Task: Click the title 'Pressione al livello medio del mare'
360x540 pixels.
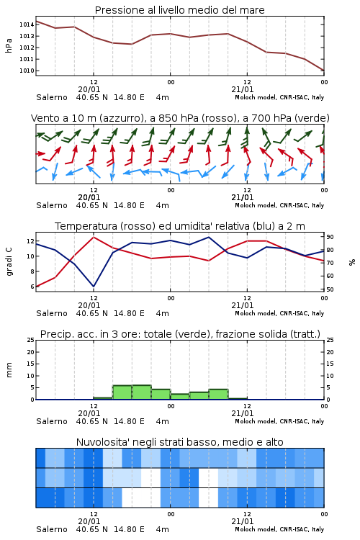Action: click(x=179, y=10)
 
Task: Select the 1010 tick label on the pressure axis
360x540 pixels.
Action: click(x=27, y=71)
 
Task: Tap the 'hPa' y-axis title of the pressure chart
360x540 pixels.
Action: click(x=9, y=46)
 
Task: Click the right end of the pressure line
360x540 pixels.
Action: click(x=324, y=71)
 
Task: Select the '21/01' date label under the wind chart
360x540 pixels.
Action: click(x=242, y=197)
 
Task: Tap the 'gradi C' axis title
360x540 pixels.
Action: click(x=9, y=261)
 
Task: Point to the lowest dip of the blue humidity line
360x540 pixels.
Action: click(x=94, y=287)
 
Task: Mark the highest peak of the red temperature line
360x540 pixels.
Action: click(x=94, y=237)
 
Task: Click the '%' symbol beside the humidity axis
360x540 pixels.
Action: click(x=352, y=262)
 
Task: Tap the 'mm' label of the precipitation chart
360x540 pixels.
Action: click(x=9, y=370)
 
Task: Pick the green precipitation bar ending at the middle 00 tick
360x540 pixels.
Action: click(x=161, y=395)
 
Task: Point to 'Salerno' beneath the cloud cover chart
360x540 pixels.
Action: click(x=52, y=529)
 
